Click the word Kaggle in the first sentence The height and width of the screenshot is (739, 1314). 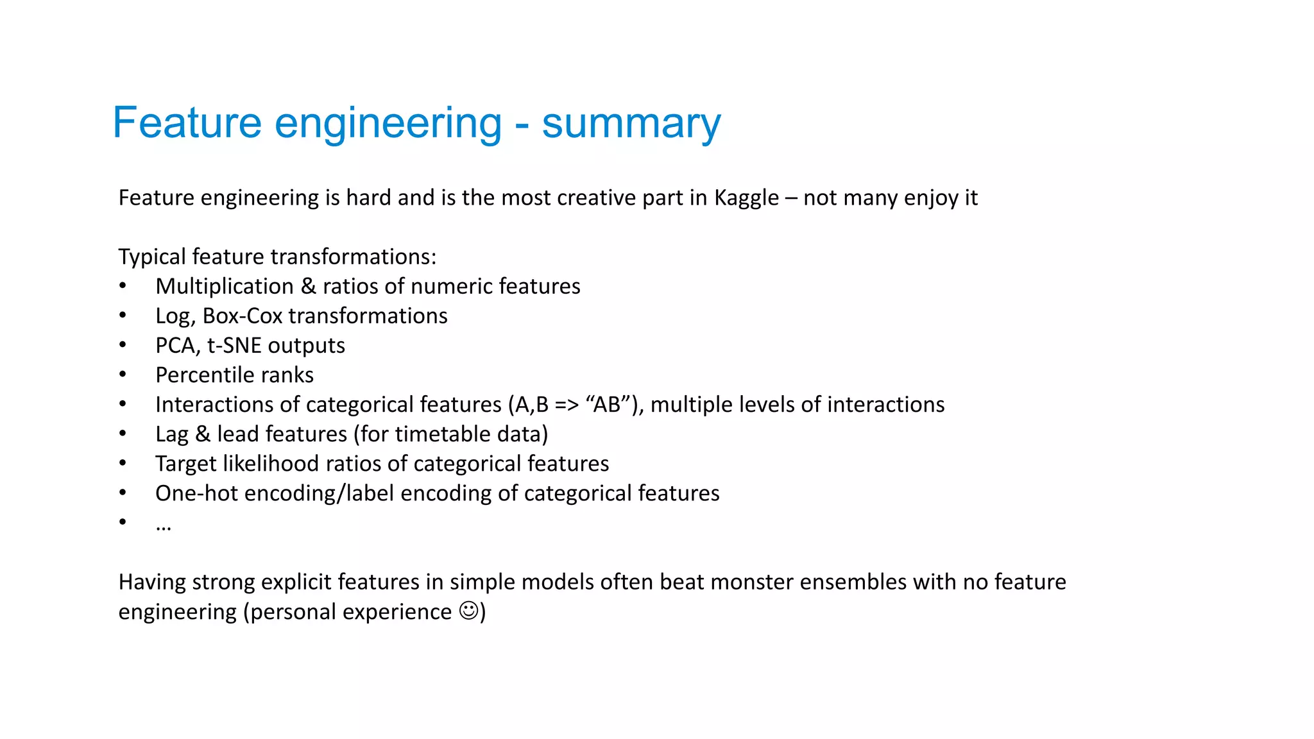[746, 198]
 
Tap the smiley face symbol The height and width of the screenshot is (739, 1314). [469, 610]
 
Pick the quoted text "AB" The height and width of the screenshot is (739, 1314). [607, 404]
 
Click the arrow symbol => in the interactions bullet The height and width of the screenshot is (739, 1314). [567, 405]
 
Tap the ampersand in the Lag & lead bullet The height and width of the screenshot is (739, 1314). [203, 434]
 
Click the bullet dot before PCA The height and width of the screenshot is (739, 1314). [123, 345]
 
